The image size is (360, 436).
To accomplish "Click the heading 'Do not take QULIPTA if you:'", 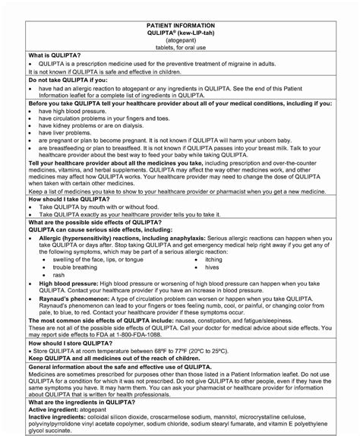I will coord(68,79).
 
